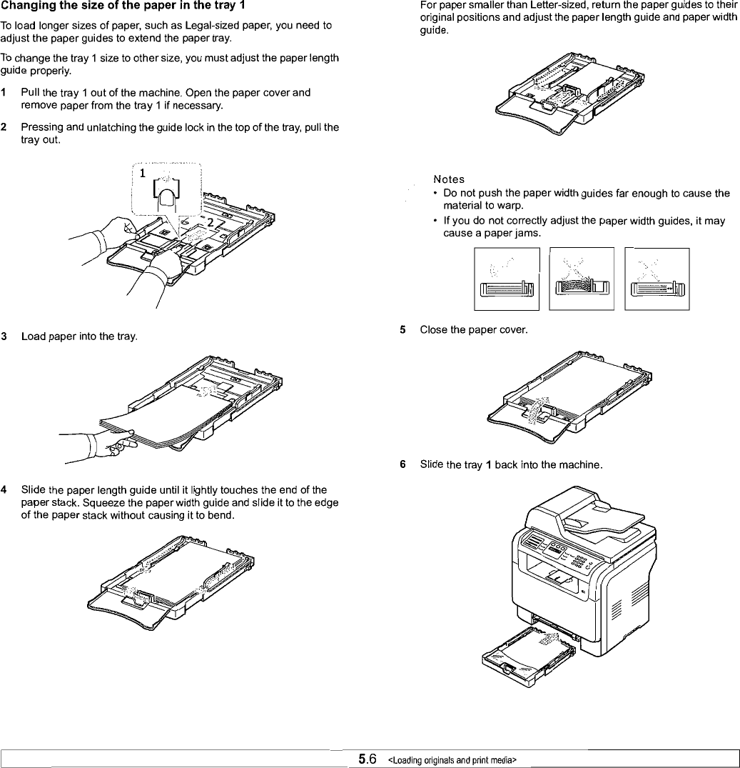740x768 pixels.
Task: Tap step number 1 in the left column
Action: (4, 93)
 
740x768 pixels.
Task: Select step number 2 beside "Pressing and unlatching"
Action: (4, 127)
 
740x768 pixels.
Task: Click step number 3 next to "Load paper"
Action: (4, 336)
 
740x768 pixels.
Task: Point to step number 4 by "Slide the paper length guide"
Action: (4, 489)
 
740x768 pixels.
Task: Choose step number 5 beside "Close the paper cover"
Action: (403, 330)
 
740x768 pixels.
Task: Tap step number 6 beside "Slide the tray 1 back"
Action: (403, 466)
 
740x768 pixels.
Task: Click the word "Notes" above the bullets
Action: (449, 179)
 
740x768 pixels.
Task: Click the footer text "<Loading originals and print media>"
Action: (452, 759)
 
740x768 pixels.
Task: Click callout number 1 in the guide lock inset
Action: (143, 173)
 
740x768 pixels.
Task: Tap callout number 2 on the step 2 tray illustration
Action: (210, 223)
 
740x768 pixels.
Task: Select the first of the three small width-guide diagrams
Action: (507, 279)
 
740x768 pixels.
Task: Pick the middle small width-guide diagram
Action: (582, 279)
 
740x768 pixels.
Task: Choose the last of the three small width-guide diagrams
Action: (657, 279)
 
